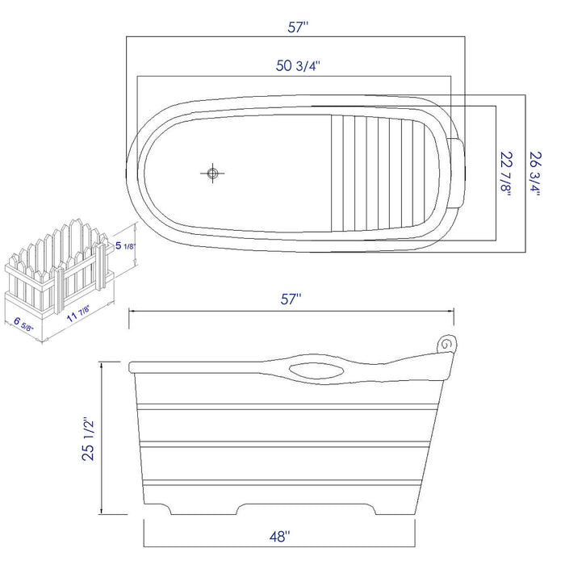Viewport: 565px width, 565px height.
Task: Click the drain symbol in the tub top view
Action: point(213,173)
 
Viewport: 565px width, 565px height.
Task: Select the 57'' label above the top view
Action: point(299,27)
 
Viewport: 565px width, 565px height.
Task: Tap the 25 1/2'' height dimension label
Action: point(89,437)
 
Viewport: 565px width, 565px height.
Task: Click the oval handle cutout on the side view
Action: point(315,371)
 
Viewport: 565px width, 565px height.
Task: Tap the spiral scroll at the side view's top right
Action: point(446,344)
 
